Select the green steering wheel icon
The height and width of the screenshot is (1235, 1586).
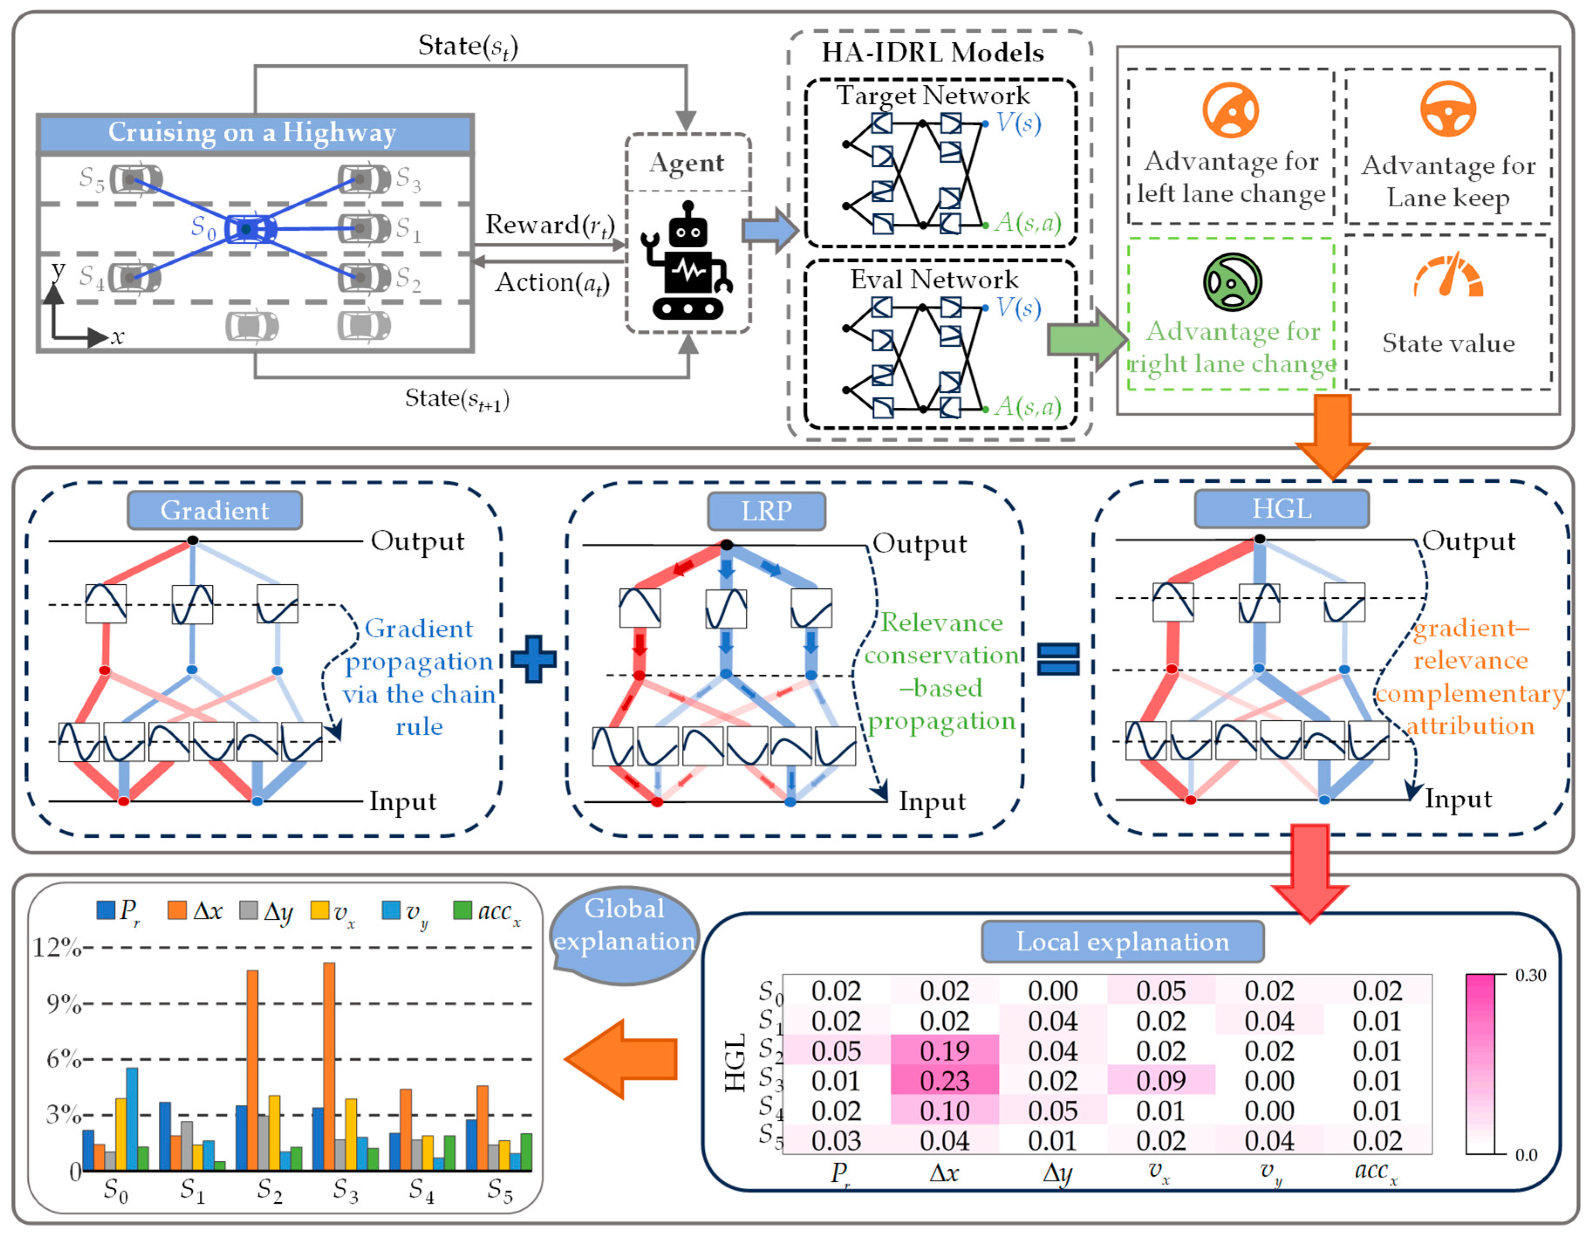(x=1232, y=282)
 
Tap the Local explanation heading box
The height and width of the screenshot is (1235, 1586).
(x=1122, y=942)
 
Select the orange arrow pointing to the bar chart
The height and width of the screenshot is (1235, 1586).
(x=621, y=1058)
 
